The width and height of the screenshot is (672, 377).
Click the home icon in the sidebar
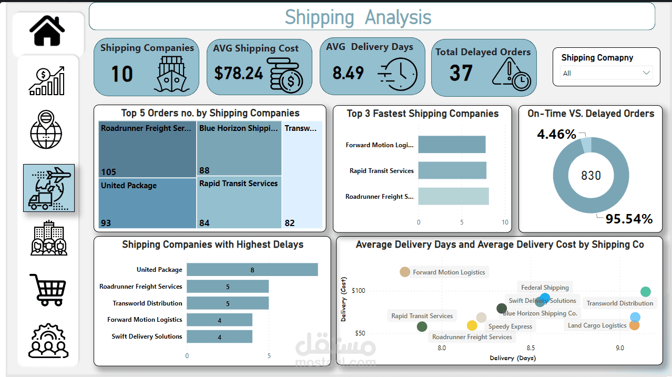[47, 31]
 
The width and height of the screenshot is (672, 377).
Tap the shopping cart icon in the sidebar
[47, 290]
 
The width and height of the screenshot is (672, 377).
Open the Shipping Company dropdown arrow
[646, 73]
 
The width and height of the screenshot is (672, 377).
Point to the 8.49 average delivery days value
[348, 73]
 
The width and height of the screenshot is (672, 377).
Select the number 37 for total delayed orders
[461, 73]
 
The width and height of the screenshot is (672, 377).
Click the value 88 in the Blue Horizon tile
[205, 170]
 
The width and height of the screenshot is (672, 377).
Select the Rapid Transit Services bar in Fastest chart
[452, 170]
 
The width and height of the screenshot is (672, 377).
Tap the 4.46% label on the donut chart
[556, 135]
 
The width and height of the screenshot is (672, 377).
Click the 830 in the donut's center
[590, 176]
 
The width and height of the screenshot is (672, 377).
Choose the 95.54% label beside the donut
[628, 219]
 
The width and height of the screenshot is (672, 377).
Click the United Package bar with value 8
[252, 270]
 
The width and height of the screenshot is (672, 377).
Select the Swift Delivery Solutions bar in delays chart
[219, 337]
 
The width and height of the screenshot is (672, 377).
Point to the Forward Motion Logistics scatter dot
[404, 272]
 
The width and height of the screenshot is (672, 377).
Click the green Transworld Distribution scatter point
[646, 292]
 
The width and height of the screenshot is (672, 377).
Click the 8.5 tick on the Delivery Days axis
[531, 348]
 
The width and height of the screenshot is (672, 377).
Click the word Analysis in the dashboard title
[398, 17]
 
